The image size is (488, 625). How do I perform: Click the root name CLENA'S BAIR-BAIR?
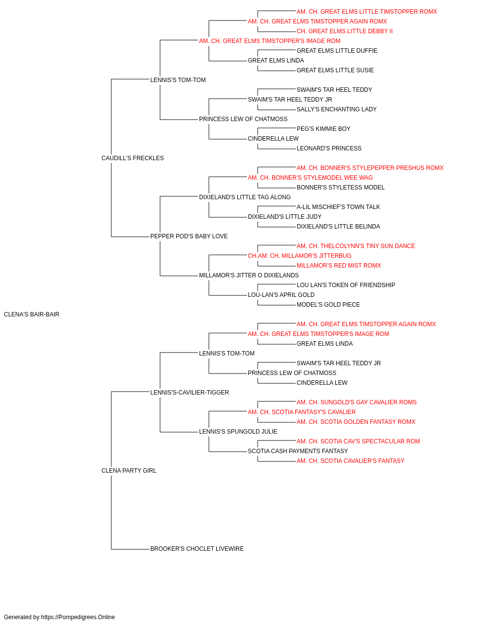(x=32, y=314)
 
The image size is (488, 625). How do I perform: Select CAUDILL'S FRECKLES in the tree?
(x=132, y=158)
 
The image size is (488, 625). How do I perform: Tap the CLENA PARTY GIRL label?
(x=129, y=471)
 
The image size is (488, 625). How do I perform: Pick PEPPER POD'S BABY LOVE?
(x=189, y=236)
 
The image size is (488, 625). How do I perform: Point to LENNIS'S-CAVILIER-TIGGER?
(x=190, y=392)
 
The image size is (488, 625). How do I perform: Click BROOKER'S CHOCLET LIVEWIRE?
(x=197, y=549)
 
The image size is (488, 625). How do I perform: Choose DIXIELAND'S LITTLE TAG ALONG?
(x=245, y=197)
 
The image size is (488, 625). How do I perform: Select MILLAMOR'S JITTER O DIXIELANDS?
(x=249, y=275)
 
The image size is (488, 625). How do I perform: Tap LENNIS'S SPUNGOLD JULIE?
(x=238, y=432)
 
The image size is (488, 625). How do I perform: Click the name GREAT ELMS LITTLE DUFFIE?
(x=337, y=51)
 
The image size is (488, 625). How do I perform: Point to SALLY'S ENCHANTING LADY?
(x=337, y=109)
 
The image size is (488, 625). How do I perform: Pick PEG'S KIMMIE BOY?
(x=324, y=129)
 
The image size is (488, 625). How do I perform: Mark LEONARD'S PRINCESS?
(x=329, y=148)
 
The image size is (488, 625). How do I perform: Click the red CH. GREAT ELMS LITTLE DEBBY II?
(x=345, y=31)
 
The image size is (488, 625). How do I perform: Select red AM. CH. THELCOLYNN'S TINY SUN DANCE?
(x=356, y=246)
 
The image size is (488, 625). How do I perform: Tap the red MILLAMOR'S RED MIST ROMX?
(x=339, y=266)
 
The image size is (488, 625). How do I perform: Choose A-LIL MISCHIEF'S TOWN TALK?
(x=338, y=207)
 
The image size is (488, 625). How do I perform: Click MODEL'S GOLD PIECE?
(x=328, y=305)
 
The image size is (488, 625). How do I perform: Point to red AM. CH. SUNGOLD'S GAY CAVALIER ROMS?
(x=357, y=402)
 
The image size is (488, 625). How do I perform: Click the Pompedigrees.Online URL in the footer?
(x=78, y=617)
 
